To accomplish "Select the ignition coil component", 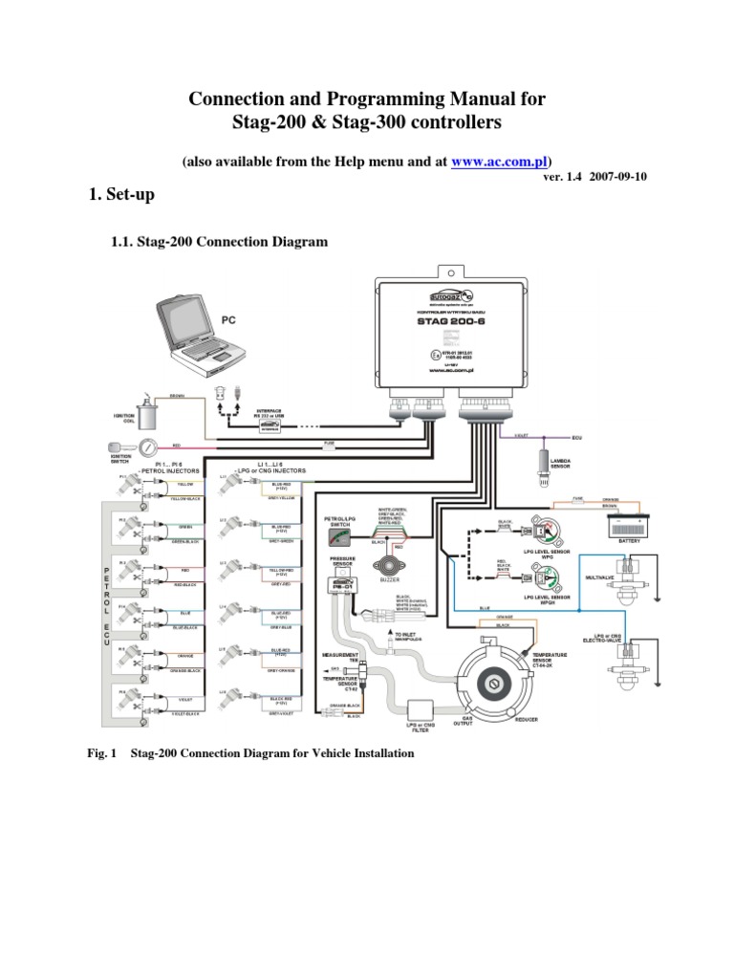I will (148, 415).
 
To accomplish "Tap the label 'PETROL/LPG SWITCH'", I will (339, 522).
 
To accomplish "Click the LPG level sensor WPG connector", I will (543, 532).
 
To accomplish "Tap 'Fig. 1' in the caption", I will (100, 753).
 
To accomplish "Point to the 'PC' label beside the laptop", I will (229, 320).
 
